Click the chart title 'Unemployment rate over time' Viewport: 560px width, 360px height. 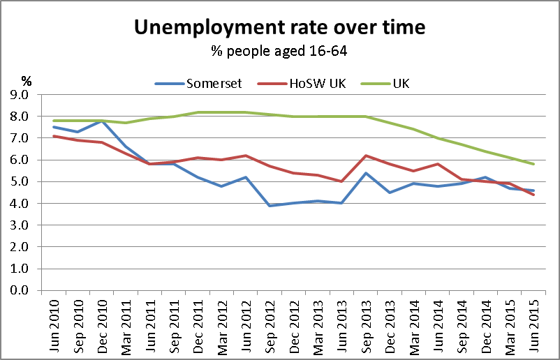279,28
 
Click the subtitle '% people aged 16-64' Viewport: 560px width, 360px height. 279,51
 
